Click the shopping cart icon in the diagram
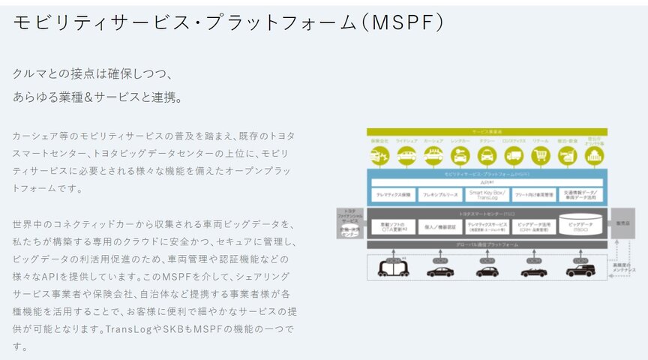[539, 156]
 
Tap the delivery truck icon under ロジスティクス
[513, 156]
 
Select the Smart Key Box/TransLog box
[487, 194]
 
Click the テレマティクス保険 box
[394, 194]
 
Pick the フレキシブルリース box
[440, 194]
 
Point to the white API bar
[487, 181]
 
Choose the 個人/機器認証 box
[440, 225]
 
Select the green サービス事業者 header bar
[487, 132]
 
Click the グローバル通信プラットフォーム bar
[487, 244]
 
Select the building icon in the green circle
[593, 156]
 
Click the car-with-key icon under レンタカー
[460, 156]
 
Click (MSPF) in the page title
[402, 22]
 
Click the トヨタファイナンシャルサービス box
[349, 223]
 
